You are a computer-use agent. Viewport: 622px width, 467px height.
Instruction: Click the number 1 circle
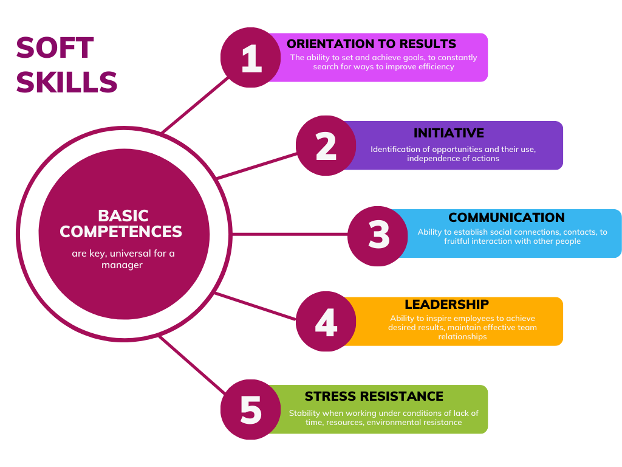click(x=251, y=58)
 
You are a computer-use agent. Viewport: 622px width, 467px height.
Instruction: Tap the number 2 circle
click(x=326, y=146)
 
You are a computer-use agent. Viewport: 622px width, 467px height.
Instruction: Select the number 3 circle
click(x=378, y=237)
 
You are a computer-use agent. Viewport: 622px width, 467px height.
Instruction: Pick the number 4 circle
click(x=326, y=321)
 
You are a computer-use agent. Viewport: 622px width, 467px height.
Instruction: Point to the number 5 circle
click(x=251, y=409)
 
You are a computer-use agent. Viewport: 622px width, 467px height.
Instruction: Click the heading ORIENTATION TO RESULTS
click(x=371, y=44)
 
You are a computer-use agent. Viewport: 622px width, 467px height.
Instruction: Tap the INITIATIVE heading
click(x=449, y=133)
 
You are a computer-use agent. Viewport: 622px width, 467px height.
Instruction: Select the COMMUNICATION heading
click(x=507, y=218)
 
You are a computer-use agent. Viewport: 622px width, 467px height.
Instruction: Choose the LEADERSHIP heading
click(x=446, y=304)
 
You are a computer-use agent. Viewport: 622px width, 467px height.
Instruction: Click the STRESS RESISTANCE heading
click(x=374, y=396)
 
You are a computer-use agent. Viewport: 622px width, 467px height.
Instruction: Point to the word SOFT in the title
click(x=55, y=48)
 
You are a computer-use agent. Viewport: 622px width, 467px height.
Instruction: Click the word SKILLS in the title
click(x=67, y=82)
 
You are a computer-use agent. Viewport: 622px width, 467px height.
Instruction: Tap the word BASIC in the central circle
click(x=123, y=216)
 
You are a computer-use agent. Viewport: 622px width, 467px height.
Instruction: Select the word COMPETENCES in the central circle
click(x=121, y=232)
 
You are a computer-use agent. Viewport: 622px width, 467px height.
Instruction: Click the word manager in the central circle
click(x=121, y=265)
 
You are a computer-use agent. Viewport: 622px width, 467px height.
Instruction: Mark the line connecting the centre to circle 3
click(x=290, y=234)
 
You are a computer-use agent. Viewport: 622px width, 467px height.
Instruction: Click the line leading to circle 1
click(x=196, y=105)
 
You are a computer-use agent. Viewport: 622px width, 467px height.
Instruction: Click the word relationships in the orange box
click(x=462, y=337)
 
